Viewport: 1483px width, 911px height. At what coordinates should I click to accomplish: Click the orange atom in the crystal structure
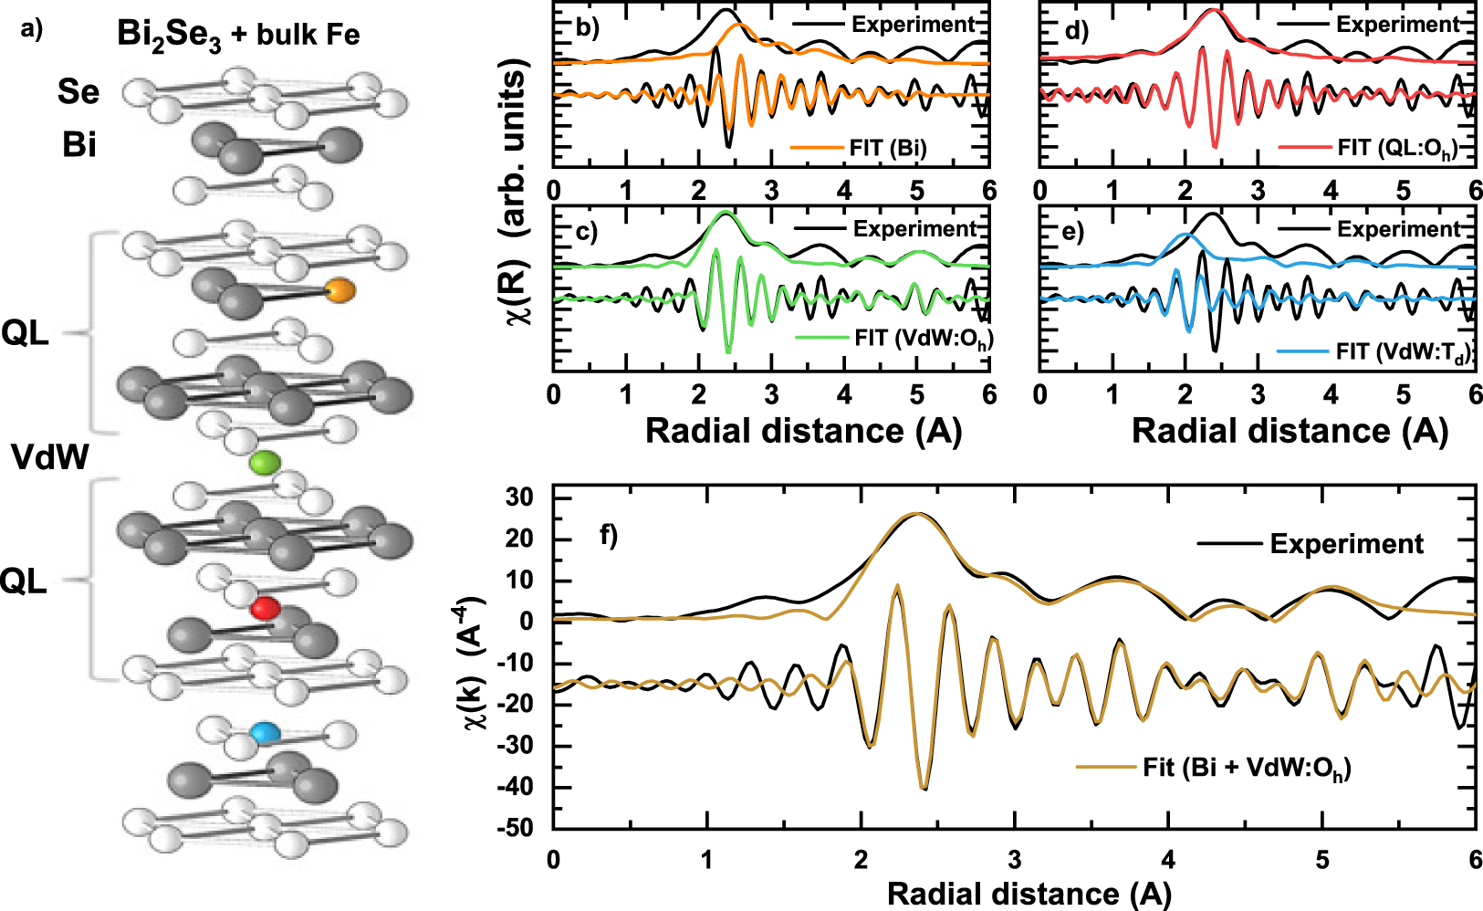pyautogui.click(x=339, y=291)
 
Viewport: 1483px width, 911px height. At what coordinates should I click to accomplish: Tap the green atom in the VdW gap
pyautogui.click(x=265, y=463)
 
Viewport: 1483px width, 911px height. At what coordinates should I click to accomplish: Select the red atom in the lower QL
pyautogui.click(x=266, y=608)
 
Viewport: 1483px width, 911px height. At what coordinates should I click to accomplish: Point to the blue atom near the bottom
pyautogui.click(x=266, y=732)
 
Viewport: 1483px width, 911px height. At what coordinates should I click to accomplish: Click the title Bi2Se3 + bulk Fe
pyautogui.click(x=238, y=36)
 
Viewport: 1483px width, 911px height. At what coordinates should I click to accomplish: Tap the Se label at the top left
pyautogui.click(x=78, y=91)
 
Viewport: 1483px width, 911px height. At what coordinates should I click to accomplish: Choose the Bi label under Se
pyautogui.click(x=79, y=144)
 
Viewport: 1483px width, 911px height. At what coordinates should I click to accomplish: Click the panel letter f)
pyautogui.click(x=609, y=534)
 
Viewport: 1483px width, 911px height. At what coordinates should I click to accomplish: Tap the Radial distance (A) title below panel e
pyautogui.click(x=1290, y=431)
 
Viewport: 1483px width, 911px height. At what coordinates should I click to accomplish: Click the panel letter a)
pyautogui.click(x=30, y=29)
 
